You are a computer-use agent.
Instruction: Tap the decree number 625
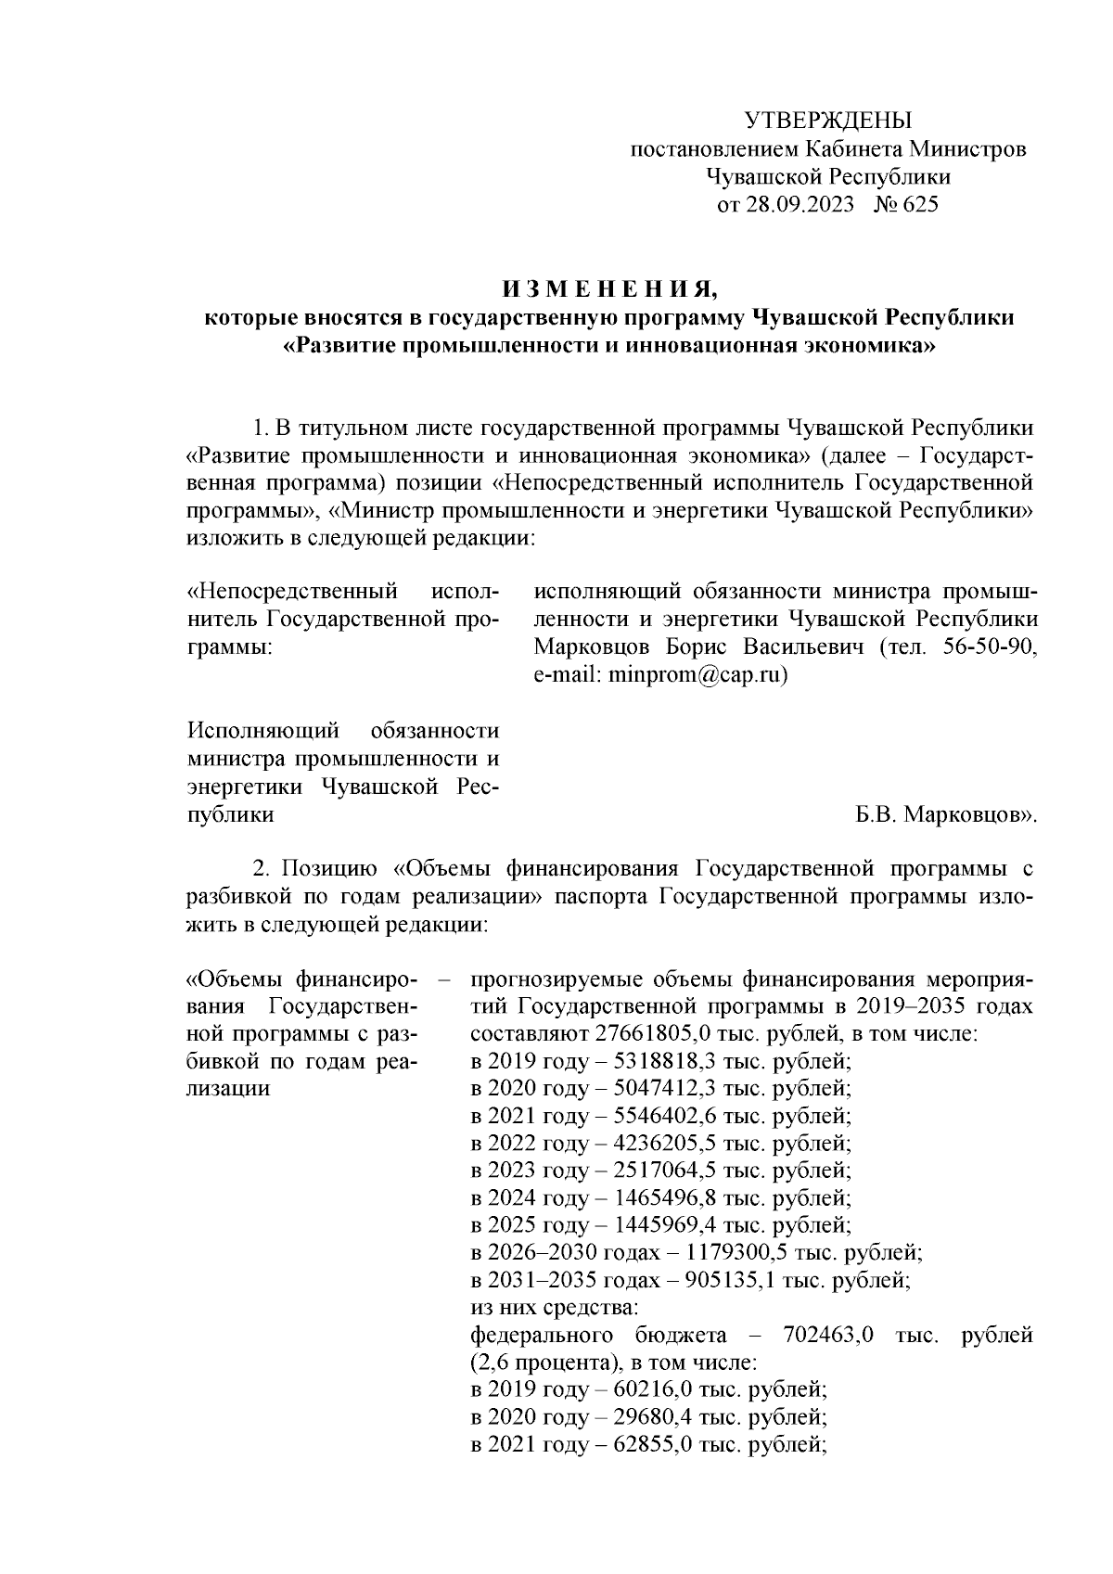919,205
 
